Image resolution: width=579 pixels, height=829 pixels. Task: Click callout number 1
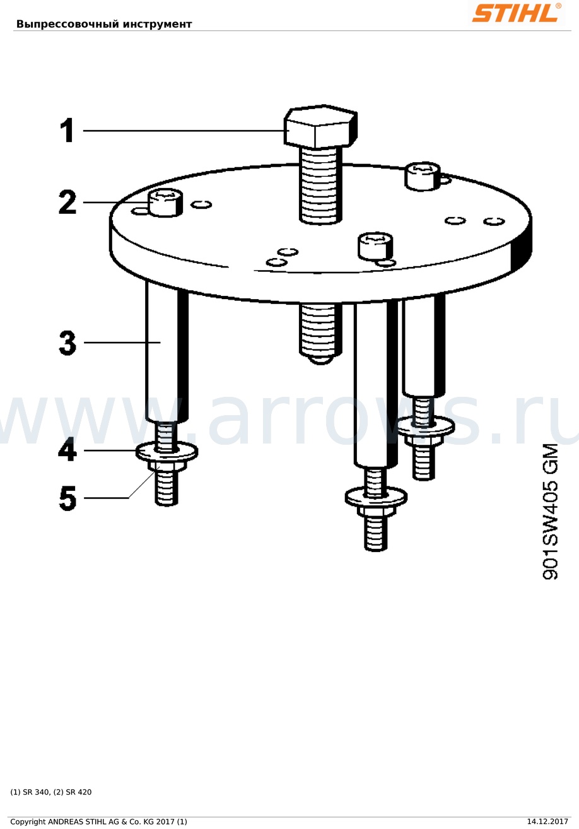(67, 130)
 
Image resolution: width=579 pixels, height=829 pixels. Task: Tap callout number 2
(67, 202)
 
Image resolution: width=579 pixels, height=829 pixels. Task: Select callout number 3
(67, 343)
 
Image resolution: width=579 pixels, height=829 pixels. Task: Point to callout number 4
(67, 450)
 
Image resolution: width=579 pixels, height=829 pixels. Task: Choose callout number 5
(67, 498)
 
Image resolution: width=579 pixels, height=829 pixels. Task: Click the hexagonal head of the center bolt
(320, 126)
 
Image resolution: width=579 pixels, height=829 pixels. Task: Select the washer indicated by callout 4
(167, 452)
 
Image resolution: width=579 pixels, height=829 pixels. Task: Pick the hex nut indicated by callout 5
(166, 466)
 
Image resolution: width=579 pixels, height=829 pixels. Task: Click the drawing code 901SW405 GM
(549, 512)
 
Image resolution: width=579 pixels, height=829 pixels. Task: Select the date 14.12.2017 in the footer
(547, 821)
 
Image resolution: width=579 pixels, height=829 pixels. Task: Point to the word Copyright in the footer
(29, 822)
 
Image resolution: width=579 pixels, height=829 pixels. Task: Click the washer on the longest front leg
(376, 497)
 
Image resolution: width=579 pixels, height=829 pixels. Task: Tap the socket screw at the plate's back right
(423, 176)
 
